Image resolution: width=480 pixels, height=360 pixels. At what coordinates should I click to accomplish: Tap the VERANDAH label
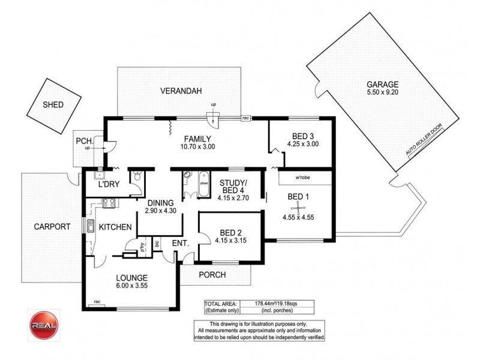pos(179,92)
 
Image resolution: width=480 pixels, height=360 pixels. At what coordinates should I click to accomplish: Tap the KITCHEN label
pos(115,227)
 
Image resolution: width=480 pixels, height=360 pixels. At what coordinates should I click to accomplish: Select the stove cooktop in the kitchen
pos(109,203)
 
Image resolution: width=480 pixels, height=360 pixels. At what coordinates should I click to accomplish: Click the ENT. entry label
pos(180,243)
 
